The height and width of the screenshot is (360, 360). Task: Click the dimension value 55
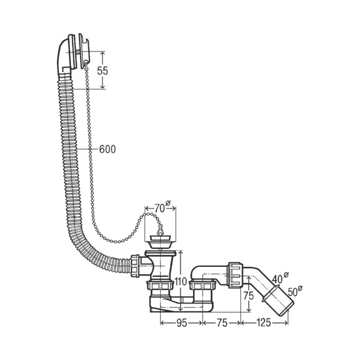[x=102, y=71]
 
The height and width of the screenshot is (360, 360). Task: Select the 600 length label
[x=107, y=149]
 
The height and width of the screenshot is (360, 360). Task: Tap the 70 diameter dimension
[x=160, y=209]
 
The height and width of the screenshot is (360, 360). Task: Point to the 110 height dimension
[x=181, y=281]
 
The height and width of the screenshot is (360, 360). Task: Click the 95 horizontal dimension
[x=181, y=323]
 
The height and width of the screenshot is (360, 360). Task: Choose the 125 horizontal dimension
[x=263, y=323]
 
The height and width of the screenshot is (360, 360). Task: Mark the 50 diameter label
[x=292, y=292]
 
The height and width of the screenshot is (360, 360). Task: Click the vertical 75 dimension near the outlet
[x=249, y=295]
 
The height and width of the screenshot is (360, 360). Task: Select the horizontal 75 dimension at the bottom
[x=222, y=323]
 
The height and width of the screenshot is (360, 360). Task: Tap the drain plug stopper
[x=160, y=241]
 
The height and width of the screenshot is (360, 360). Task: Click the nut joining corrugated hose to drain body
[x=135, y=266]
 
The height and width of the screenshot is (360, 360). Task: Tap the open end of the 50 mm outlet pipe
[x=287, y=309]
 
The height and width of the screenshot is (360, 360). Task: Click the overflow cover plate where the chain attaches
[x=84, y=51]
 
